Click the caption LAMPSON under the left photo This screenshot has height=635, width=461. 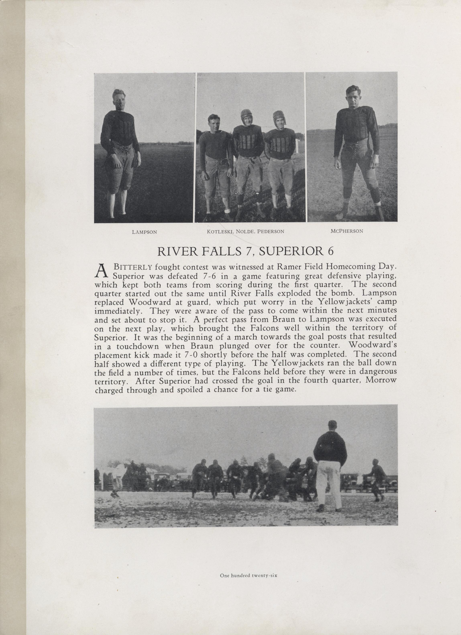(144, 232)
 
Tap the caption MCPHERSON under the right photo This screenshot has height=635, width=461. (347, 231)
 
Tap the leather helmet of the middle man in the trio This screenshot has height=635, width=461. (246, 115)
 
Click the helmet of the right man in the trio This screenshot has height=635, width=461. (278, 116)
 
